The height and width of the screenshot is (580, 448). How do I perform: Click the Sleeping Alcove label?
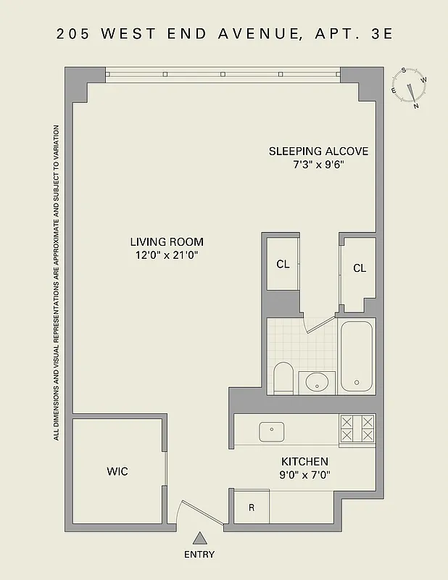pyautogui.click(x=318, y=152)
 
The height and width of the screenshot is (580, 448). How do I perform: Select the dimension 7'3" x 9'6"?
pyautogui.click(x=318, y=165)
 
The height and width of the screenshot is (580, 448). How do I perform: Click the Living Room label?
pyautogui.click(x=167, y=242)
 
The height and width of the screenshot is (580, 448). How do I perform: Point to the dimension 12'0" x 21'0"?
pyautogui.click(x=167, y=255)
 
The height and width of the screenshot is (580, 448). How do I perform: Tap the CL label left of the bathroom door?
pyautogui.click(x=283, y=265)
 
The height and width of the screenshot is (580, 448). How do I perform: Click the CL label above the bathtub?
pyautogui.click(x=360, y=268)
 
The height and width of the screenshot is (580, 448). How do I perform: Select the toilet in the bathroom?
pyautogui.click(x=283, y=377)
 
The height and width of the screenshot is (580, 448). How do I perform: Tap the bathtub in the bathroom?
pyautogui.click(x=356, y=356)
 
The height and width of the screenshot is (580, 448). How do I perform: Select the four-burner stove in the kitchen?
pyautogui.click(x=357, y=428)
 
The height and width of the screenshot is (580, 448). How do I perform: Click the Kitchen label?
pyautogui.click(x=304, y=462)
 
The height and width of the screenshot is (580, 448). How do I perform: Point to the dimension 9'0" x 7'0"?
pyautogui.click(x=304, y=475)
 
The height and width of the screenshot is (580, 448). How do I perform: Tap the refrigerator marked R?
pyautogui.click(x=251, y=507)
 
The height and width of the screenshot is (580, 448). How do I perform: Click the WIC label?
pyautogui.click(x=117, y=471)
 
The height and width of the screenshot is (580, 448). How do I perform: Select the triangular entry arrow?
pyautogui.click(x=199, y=538)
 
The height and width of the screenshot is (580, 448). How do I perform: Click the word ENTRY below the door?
pyautogui.click(x=199, y=555)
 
